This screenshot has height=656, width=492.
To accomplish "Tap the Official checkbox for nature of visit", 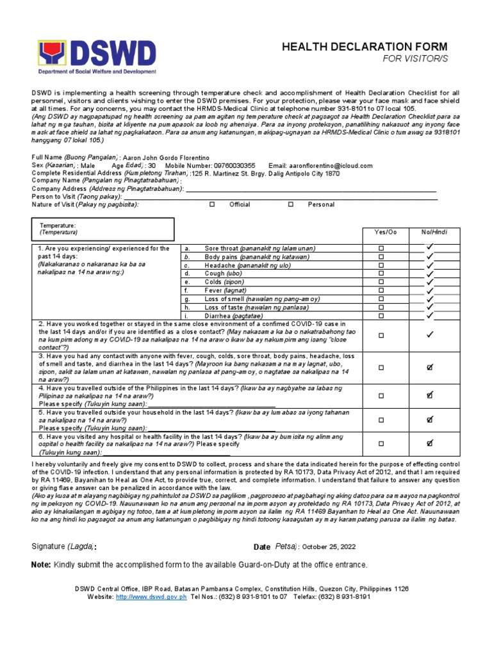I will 212,205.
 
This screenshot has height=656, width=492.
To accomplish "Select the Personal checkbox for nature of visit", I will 290,205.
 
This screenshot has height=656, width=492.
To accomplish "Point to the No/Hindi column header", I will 430,232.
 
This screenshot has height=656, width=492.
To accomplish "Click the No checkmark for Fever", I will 430,290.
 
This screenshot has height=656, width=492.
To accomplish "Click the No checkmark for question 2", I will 430,334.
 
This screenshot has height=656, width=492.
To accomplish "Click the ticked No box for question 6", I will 430,443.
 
